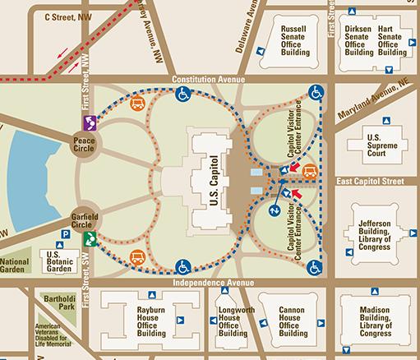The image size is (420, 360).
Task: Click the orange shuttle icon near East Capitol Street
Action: tap(310, 171)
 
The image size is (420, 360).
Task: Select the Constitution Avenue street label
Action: tap(211, 79)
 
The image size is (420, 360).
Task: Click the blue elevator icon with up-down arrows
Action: tap(275, 210)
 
